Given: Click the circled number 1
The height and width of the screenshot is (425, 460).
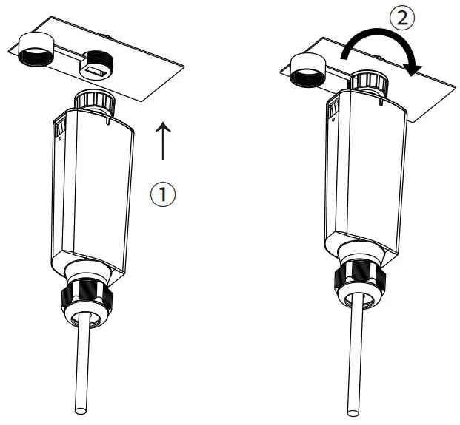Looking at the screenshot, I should (163, 194).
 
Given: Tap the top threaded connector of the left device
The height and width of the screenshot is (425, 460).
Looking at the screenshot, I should (93, 99).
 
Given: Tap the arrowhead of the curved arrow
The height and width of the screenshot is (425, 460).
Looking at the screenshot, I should (415, 67).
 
